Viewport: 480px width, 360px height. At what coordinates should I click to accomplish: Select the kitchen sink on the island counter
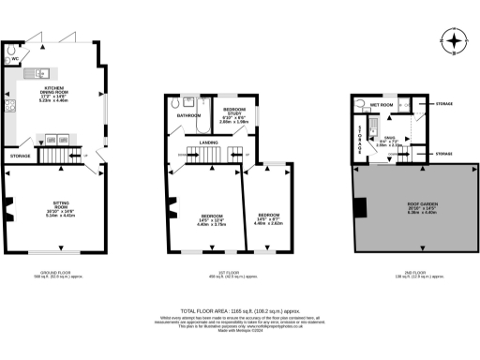(x=42, y=73)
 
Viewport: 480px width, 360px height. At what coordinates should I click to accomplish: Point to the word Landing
(x=209, y=142)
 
